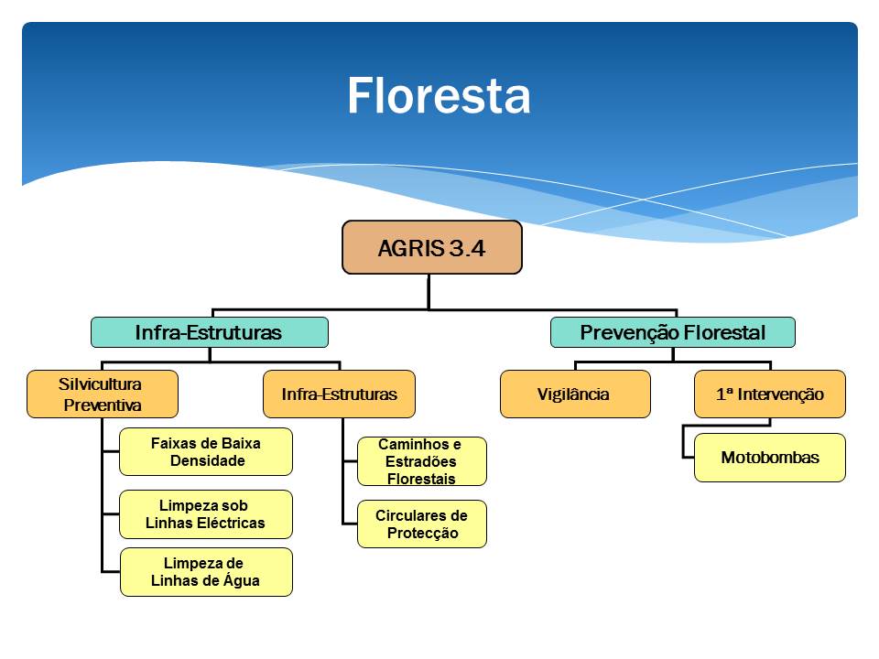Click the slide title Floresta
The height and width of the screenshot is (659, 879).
pyautogui.click(x=439, y=96)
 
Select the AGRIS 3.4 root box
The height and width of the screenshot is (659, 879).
pyautogui.click(x=431, y=247)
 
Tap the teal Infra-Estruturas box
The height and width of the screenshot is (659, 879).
pyautogui.click(x=209, y=332)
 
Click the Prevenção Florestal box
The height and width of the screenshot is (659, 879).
pyautogui.click(x=673, y=332)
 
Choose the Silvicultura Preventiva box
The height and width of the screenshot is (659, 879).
pyautogui.click(x=103, y=394)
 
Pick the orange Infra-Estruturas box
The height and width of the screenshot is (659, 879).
pyautogui.click(x=339, y=394)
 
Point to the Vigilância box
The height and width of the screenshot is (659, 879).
pyautogui.click(x=575, y=394)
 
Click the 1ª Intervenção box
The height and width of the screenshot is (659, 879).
pyautogui.click(x=770, y=394)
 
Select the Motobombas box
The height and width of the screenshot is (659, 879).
pyautogui.click(x=770, y=458)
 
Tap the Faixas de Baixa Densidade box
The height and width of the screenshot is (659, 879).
pyautogui.click(x=206, y=451)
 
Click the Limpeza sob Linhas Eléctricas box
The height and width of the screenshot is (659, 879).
pyautogui.click(x=206, y=514)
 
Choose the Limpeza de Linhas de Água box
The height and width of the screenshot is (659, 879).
pyautogui.click(x=206, y=572)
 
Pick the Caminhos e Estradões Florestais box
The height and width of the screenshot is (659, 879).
pyautogui.click(x=421, y=461)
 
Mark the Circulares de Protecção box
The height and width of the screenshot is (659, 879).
pyautogui.click(x=421, y=524)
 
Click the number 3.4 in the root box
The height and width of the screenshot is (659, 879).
pyautogui.click(x=466, y=248)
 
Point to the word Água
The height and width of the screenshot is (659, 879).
pyautogui.click(x=241, y=580)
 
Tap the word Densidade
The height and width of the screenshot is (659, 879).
pyautogui.click(x=208, y=460)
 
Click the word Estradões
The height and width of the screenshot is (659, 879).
pyautogui.click(x=421, y=461)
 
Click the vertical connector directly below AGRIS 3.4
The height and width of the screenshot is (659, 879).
pyautogui.click(x=429, y=291)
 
